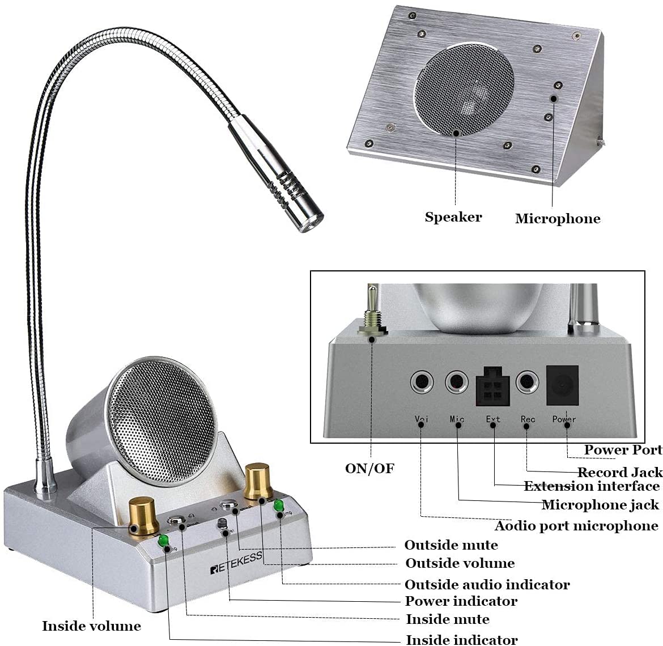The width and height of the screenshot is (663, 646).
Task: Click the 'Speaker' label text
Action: (x=453, y=217)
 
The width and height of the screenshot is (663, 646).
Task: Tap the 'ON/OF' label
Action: (x=369, y=468)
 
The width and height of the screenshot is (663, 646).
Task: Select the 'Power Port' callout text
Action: (x=623, y=450)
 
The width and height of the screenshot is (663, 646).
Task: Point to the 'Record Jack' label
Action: (x=619, y=472)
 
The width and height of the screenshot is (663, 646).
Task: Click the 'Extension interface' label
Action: (x=592, y=486)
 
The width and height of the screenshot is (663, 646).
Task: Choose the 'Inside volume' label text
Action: (x=91, y=626)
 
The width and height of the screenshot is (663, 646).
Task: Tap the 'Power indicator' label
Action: (x=461, y=601)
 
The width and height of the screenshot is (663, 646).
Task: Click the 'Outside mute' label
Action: (x=451, y=545)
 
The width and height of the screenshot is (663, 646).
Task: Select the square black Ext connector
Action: (x=492, y=387)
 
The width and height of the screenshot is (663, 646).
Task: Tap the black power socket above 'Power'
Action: (x=562, y=386)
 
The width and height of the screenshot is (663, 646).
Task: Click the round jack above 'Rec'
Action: (x=528, y=382)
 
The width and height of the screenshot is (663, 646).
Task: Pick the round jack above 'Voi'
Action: (x=422, y=382)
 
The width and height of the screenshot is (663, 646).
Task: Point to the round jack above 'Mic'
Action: (x=457, y=382)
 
